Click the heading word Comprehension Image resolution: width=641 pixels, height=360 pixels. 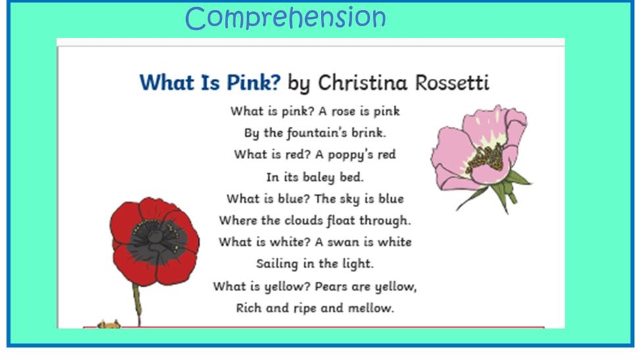coord(285,18)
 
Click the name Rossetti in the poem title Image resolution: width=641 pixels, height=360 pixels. coord(452,83)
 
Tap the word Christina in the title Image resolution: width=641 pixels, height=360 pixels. coord(363,83)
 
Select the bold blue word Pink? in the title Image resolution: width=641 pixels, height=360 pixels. coord(254,83)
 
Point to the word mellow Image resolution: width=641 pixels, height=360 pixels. coord(371,308)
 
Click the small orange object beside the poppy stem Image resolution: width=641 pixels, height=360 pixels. coord(108,325)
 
